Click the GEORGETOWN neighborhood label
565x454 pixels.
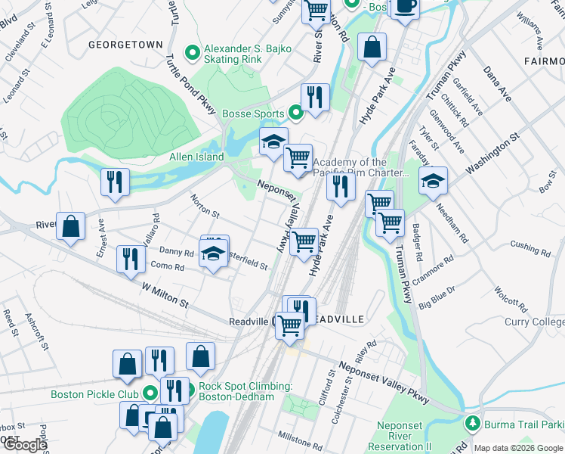pyautogui.click(x=125, y=45)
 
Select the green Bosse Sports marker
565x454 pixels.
pyautogui.click(x=295, y=113)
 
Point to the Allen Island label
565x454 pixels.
pyautogui.click(x=196, y=157)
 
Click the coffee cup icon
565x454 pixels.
pyautogui.click(x=406, y=7)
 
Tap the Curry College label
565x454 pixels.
pyautogui.click(x=534, y=322)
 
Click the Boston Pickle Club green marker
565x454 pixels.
pyautogui.click(x=150, y=393)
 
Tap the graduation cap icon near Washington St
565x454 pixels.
pyautogui.click(x=434, y=182)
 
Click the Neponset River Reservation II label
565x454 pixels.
pyautogui.click(x=404, y=437)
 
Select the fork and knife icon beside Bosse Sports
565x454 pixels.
pyautogui.click(x=315, y=97)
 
